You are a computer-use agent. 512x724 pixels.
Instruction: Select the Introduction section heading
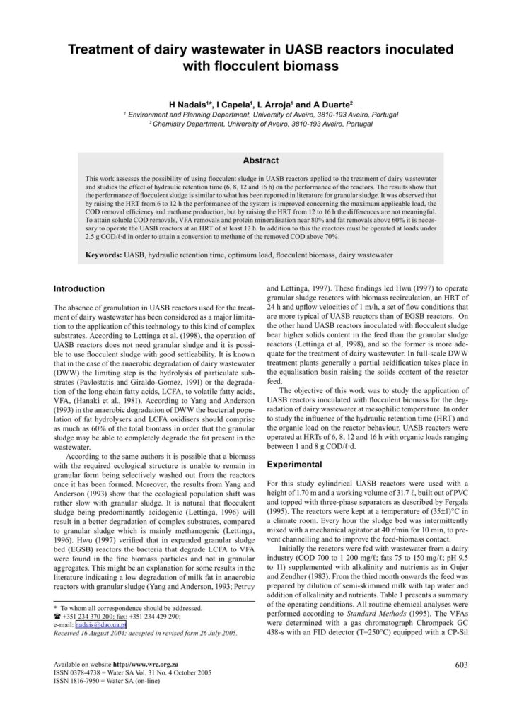tap(79, 288)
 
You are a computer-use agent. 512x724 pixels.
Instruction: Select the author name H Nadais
tap(185, 103)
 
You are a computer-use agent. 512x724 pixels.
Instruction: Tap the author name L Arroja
tap(276, 103)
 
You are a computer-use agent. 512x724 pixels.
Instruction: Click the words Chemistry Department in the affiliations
tap(187, 123)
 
